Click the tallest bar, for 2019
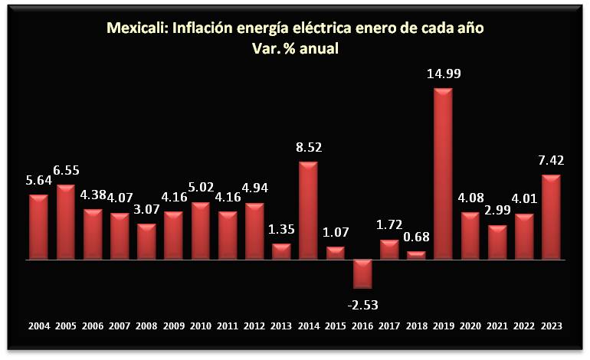pyautogui.click(x=443, y=174)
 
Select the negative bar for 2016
pyautogui.click(x=362, y=273)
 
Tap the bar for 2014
pyautogui.click(x=308, y=211)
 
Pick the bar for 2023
pyautogui.click(x=551, y=218)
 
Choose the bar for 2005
pyautogui.click(x=66, y=222)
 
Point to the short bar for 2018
pyautogui.click(x=416, y=256)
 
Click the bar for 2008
pyautogui.click(x=146, y=242)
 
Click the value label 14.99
pyautogui.click(x=443, y=75)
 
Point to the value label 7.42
pyautogui.click(x=551, y=162)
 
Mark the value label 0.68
pyautogui.click(x=416, y=237)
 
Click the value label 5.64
pyautogui.click(x=39, y=182)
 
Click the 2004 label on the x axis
pyautogui.click(x=39, y=326)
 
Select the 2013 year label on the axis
pyautogui.click(x=281, y=326)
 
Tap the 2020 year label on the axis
pyautogui.click(x=470, y=326)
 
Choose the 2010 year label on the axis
pyautogui.click(x=201, y=326)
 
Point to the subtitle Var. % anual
pyautogui.click(x=295, y=48)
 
